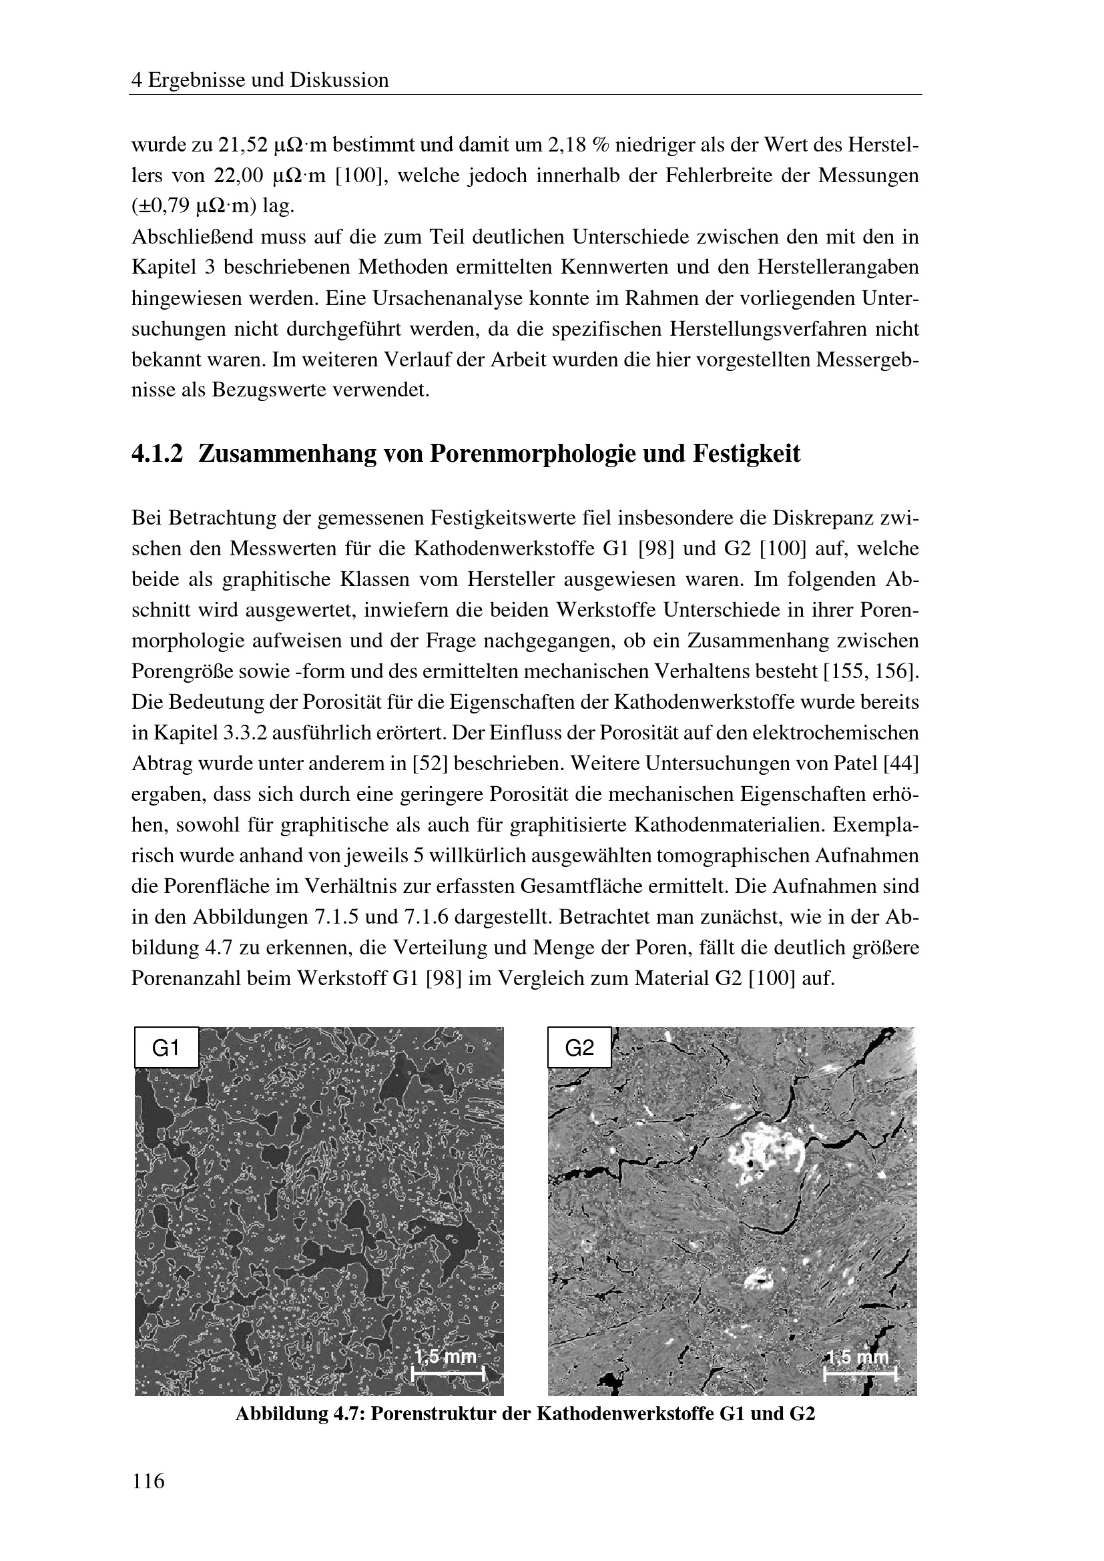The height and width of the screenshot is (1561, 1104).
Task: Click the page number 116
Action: point(148,1480)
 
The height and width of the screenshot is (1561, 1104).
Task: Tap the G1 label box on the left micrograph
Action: point(167,1048)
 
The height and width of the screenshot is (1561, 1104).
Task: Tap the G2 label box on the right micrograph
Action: point(579,1048)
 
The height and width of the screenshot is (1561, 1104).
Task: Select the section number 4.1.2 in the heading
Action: point(157,453)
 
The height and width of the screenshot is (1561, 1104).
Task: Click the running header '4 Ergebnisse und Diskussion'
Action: point(260,80)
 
